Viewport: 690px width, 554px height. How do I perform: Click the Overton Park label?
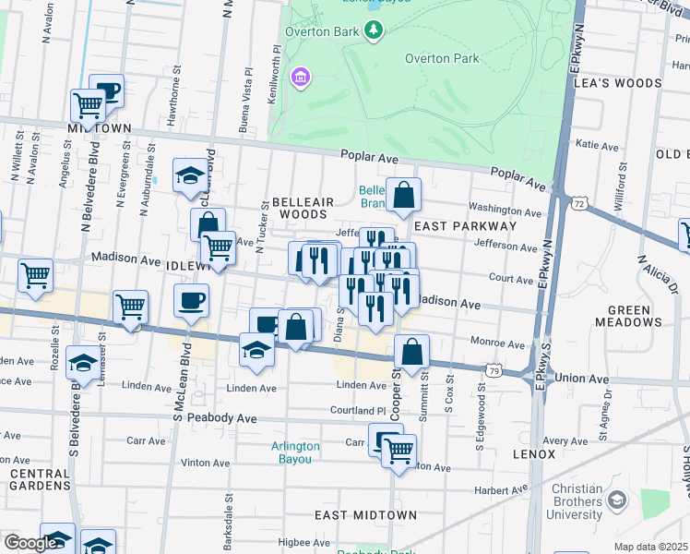442,58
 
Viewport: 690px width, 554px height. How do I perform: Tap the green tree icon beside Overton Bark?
374,32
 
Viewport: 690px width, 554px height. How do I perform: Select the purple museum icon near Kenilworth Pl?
299,77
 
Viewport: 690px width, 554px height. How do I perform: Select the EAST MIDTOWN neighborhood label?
365,514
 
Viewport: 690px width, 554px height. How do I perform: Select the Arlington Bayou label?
295,452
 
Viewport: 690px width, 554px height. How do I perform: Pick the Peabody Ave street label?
221,418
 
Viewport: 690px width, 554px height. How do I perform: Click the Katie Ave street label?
596,146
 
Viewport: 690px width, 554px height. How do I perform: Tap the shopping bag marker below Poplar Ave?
403,195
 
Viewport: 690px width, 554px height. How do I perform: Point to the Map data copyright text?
650,547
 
